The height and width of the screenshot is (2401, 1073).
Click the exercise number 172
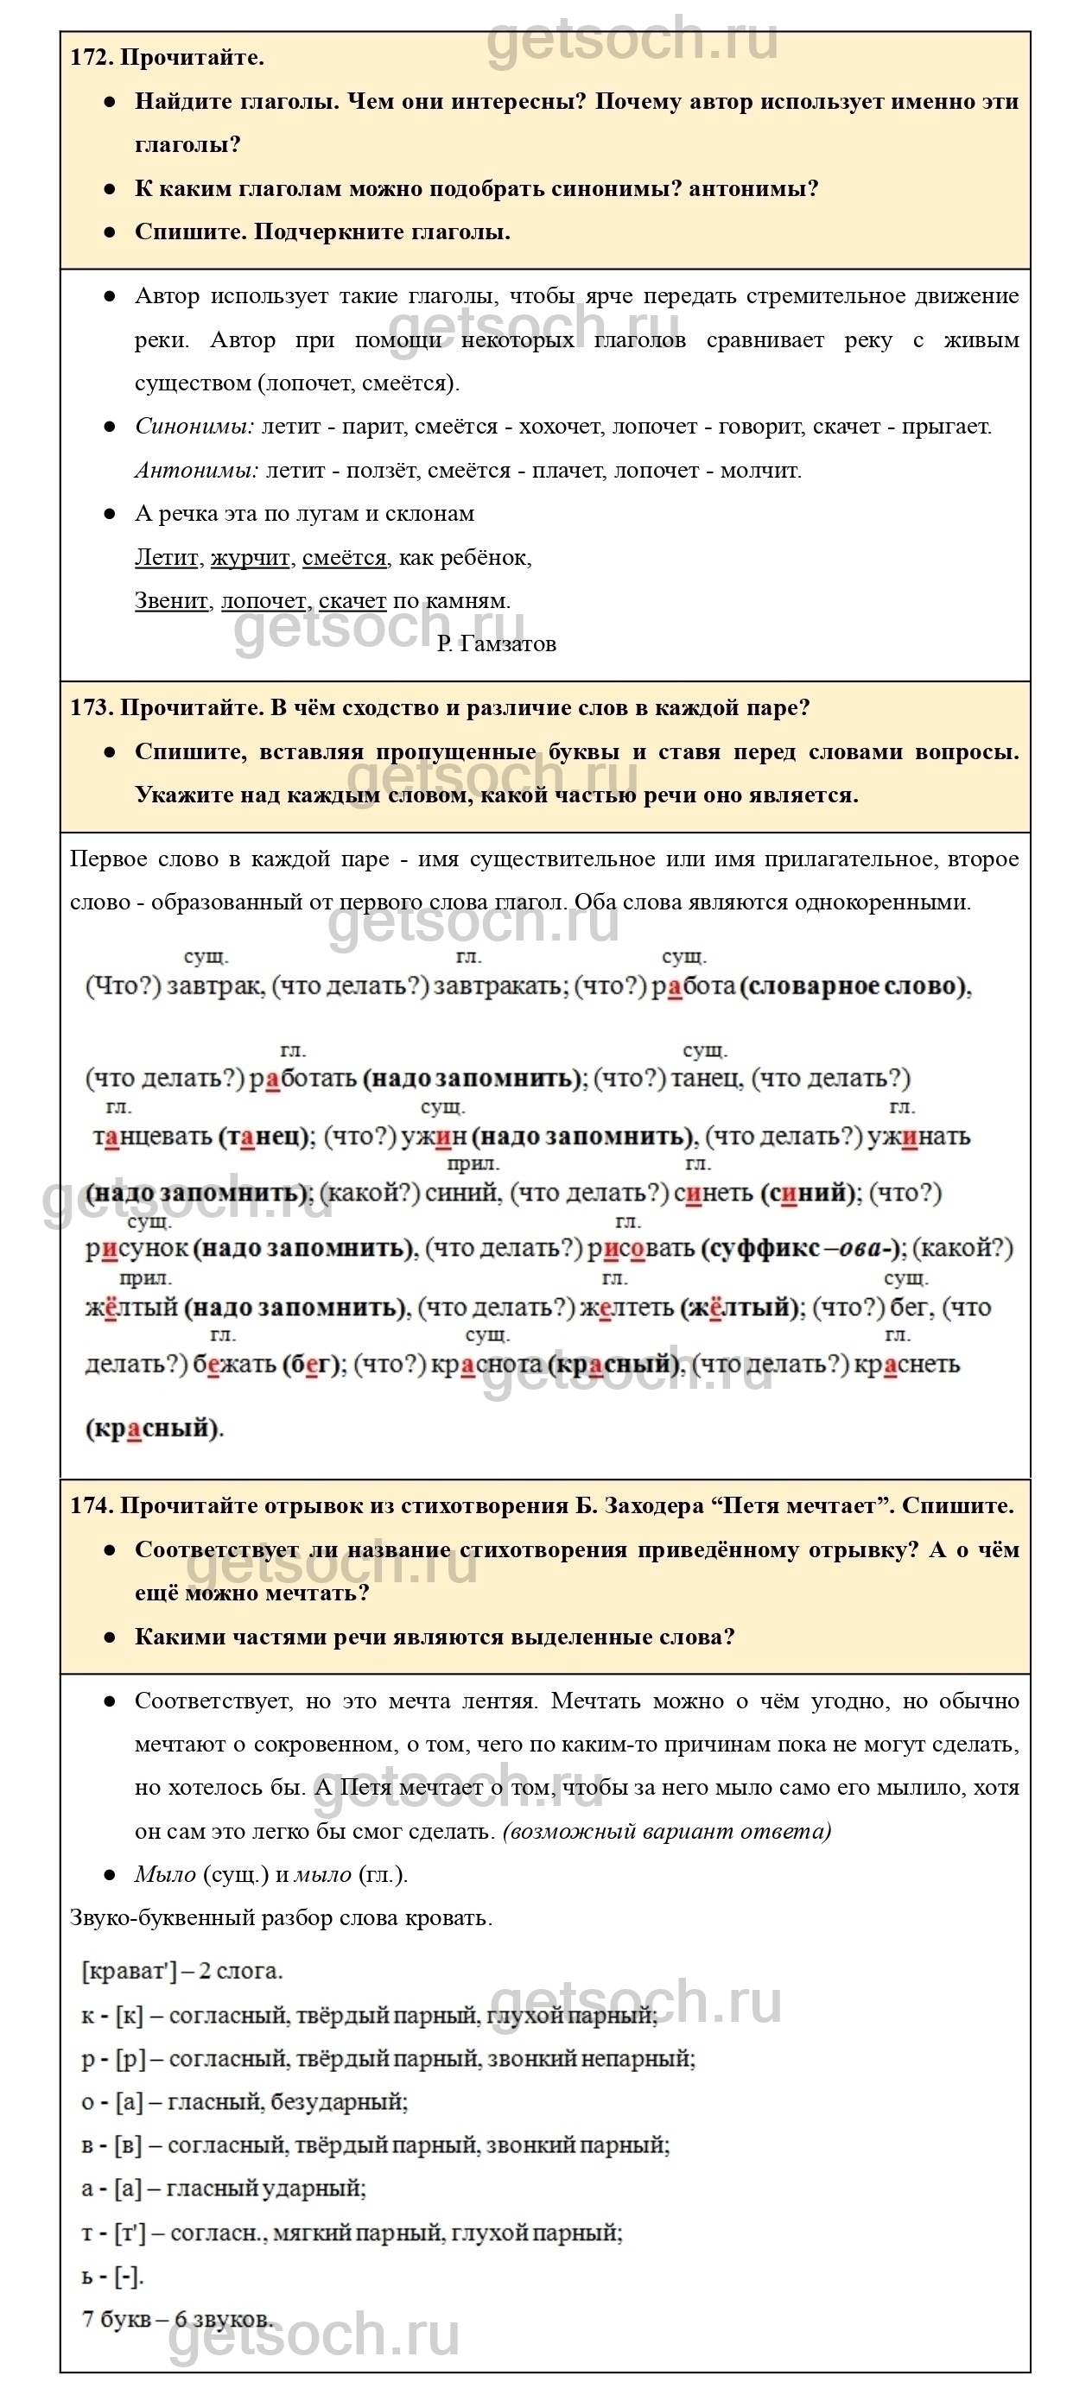pyautogui.click(x=91, y=58)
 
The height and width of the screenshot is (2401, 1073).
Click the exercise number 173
pyautogui.click(x=91, y=707)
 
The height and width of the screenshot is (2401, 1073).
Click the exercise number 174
pyautogui.click(x=91, y=1505)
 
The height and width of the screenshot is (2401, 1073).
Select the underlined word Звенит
pyautogui.click(x=170, y=601)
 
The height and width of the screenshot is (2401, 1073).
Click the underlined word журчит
pyautogui.click(x=250, y=557)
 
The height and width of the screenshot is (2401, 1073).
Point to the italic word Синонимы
pyautogui.click(x=194, y=427)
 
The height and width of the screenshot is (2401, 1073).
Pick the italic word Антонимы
pyautogui.click(x=196, y=471)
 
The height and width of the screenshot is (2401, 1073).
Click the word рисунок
pyautogui.click(x=137, y=1249)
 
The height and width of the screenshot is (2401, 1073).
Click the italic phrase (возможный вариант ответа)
pyautogui.click(x=667, y=1831)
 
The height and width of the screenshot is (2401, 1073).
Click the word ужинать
pyautogui.click(x=918, y=1137)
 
